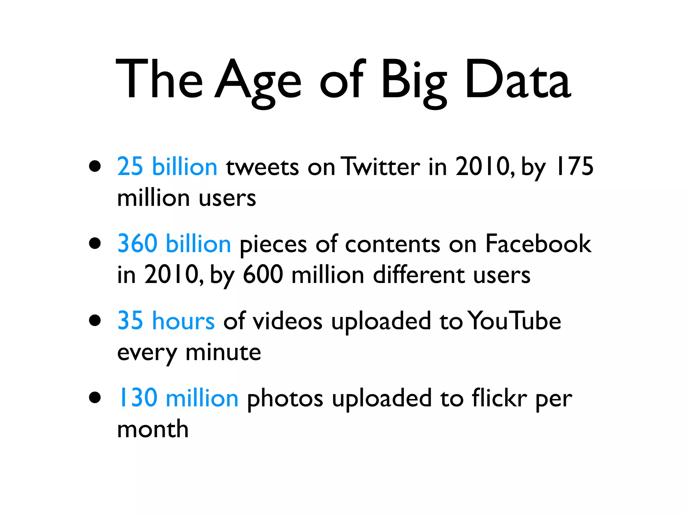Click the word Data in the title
click(x=518, y=80)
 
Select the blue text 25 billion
click(x=167, y=167)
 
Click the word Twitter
click(x=380, y=167)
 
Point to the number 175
click(x=574, y=167)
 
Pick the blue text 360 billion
click(x=174, y=244)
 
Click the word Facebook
click(x=538, y=244)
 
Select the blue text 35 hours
click(x=166, y=321)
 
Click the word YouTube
click(x=514, y=321)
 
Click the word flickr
click(x=499, y=398)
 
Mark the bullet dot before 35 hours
click(x=95, y=320)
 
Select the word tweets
click(x=262, y=167)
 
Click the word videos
click(x=287, y=321)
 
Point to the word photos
click(x=285, y=399)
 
